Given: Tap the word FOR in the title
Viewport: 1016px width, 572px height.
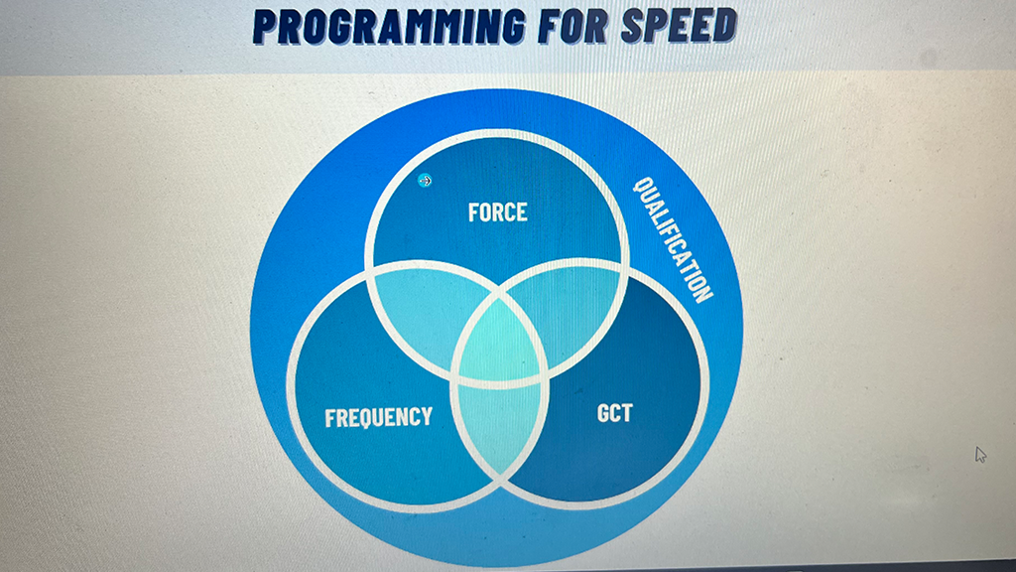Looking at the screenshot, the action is tap(573, 25).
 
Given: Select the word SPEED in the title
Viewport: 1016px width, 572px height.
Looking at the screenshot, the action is tap(679, 25).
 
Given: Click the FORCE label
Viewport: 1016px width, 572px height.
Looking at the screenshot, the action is tap(498, 213).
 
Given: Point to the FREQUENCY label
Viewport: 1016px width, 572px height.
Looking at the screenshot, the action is tap(378, 417).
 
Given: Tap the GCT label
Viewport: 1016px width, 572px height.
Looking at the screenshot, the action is tap(614, 413).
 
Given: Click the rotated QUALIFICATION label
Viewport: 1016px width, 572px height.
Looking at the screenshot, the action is tap(674, 238).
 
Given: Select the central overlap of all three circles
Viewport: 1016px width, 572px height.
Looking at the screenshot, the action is tap(500, 342).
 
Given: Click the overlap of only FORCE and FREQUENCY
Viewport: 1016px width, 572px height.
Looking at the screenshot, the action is tap(420, 310).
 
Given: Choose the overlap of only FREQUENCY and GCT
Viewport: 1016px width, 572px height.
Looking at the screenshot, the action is tap(500, 428).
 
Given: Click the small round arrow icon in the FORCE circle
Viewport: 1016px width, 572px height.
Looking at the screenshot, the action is tap(425, 181).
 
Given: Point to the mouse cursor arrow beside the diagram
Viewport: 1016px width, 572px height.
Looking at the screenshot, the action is tap(980, 455).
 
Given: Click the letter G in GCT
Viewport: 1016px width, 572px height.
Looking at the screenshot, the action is tap(602, 413).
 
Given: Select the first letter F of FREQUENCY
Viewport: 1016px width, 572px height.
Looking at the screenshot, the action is tap(329, 418).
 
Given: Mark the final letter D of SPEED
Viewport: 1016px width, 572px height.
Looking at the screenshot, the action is tap(725, 24).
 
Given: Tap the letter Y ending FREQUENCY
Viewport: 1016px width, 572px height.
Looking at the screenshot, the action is tap(427, 416).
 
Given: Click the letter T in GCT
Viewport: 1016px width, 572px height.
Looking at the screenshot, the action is tap(627, 412).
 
